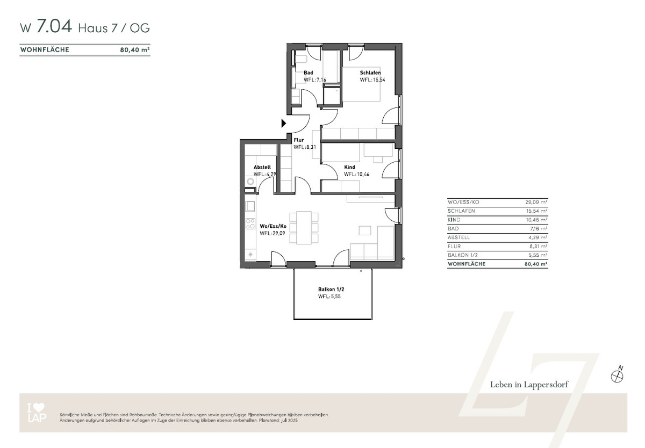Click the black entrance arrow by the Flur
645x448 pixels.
tap(284, 124)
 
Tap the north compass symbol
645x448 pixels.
tap(617, 375)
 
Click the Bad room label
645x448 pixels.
tap(309, 73)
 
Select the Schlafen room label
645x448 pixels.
tap(370, 73)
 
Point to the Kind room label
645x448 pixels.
tap(349, 167)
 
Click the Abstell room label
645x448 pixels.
tap(262, 167)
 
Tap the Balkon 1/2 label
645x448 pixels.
tap(331, 289)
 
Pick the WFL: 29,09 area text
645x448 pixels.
tap(273, 233)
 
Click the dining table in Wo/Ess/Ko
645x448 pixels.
tap(304, 228)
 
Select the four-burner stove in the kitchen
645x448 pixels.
tap(250, 223)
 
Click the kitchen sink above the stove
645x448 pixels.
tap(250, 206)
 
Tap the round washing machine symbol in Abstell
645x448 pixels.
tap(250, 182)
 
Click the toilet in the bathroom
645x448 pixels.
tap(300, 59)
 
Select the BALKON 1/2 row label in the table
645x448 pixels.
tap(462, 255)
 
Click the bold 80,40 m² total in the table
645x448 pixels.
tap(536, 264)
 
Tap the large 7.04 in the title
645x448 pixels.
tap(54, 26)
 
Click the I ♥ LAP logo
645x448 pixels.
tap(37, 413)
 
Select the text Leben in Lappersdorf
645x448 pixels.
tap(529, 385)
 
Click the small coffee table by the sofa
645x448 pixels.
tap(365, 230)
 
